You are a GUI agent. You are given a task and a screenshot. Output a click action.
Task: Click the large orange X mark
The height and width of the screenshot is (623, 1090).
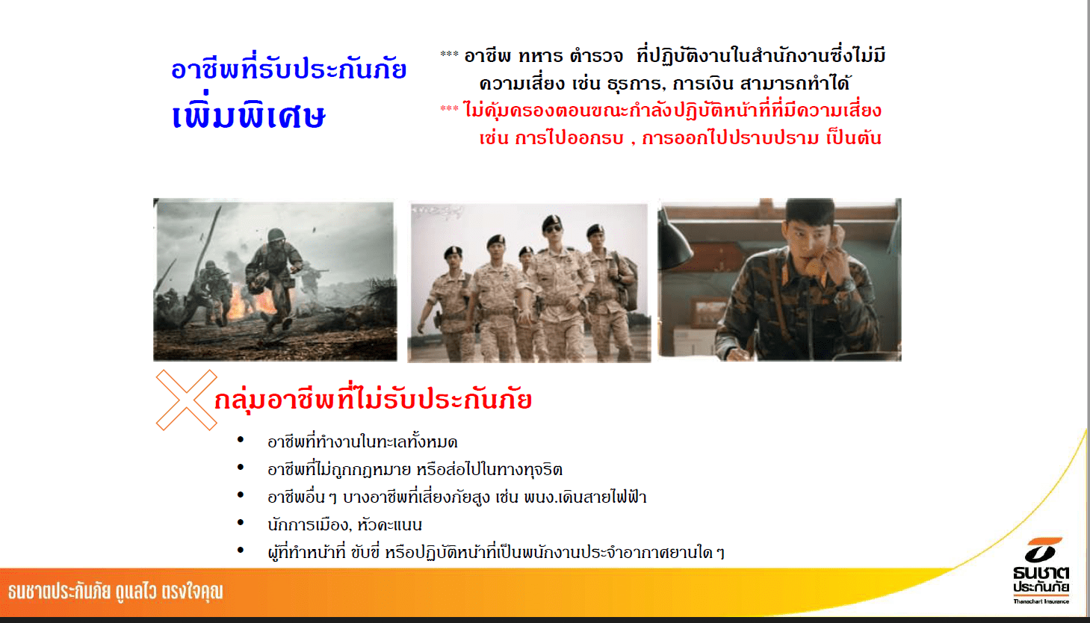(x=186, y=400)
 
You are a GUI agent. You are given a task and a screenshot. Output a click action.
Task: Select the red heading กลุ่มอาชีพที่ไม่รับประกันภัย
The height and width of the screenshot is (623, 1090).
(x=374, y=399)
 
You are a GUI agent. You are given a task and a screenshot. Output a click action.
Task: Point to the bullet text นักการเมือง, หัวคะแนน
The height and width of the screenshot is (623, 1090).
(x=344, y=524)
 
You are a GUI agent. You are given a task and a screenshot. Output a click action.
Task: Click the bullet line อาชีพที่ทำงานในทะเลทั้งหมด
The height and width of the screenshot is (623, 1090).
(x=362, y=442)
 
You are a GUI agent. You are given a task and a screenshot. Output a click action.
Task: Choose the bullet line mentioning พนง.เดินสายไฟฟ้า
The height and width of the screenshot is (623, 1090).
(x=457, y=497)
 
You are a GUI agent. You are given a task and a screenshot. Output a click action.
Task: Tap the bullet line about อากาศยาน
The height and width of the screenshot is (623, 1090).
(x=496, y=553)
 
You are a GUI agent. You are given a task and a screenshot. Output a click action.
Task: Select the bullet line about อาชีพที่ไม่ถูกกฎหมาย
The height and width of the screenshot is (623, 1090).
(x=415, y=469)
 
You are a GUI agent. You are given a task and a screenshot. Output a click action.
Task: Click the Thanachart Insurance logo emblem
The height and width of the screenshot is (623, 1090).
(x=1041, y=550)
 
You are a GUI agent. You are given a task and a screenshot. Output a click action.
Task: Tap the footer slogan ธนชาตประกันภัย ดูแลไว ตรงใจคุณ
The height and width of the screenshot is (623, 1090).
(x=115, y=592)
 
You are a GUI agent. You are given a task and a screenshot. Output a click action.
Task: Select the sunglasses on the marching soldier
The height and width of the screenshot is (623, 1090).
(x=553, y=229)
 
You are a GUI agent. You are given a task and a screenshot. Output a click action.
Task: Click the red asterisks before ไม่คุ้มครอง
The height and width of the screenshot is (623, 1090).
(x=449, y=108)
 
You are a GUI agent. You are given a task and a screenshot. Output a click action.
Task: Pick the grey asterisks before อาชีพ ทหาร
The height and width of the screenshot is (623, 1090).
(x=449, y=54)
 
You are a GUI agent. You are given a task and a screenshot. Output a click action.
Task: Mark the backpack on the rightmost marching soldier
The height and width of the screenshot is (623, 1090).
(x=626, y=282)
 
